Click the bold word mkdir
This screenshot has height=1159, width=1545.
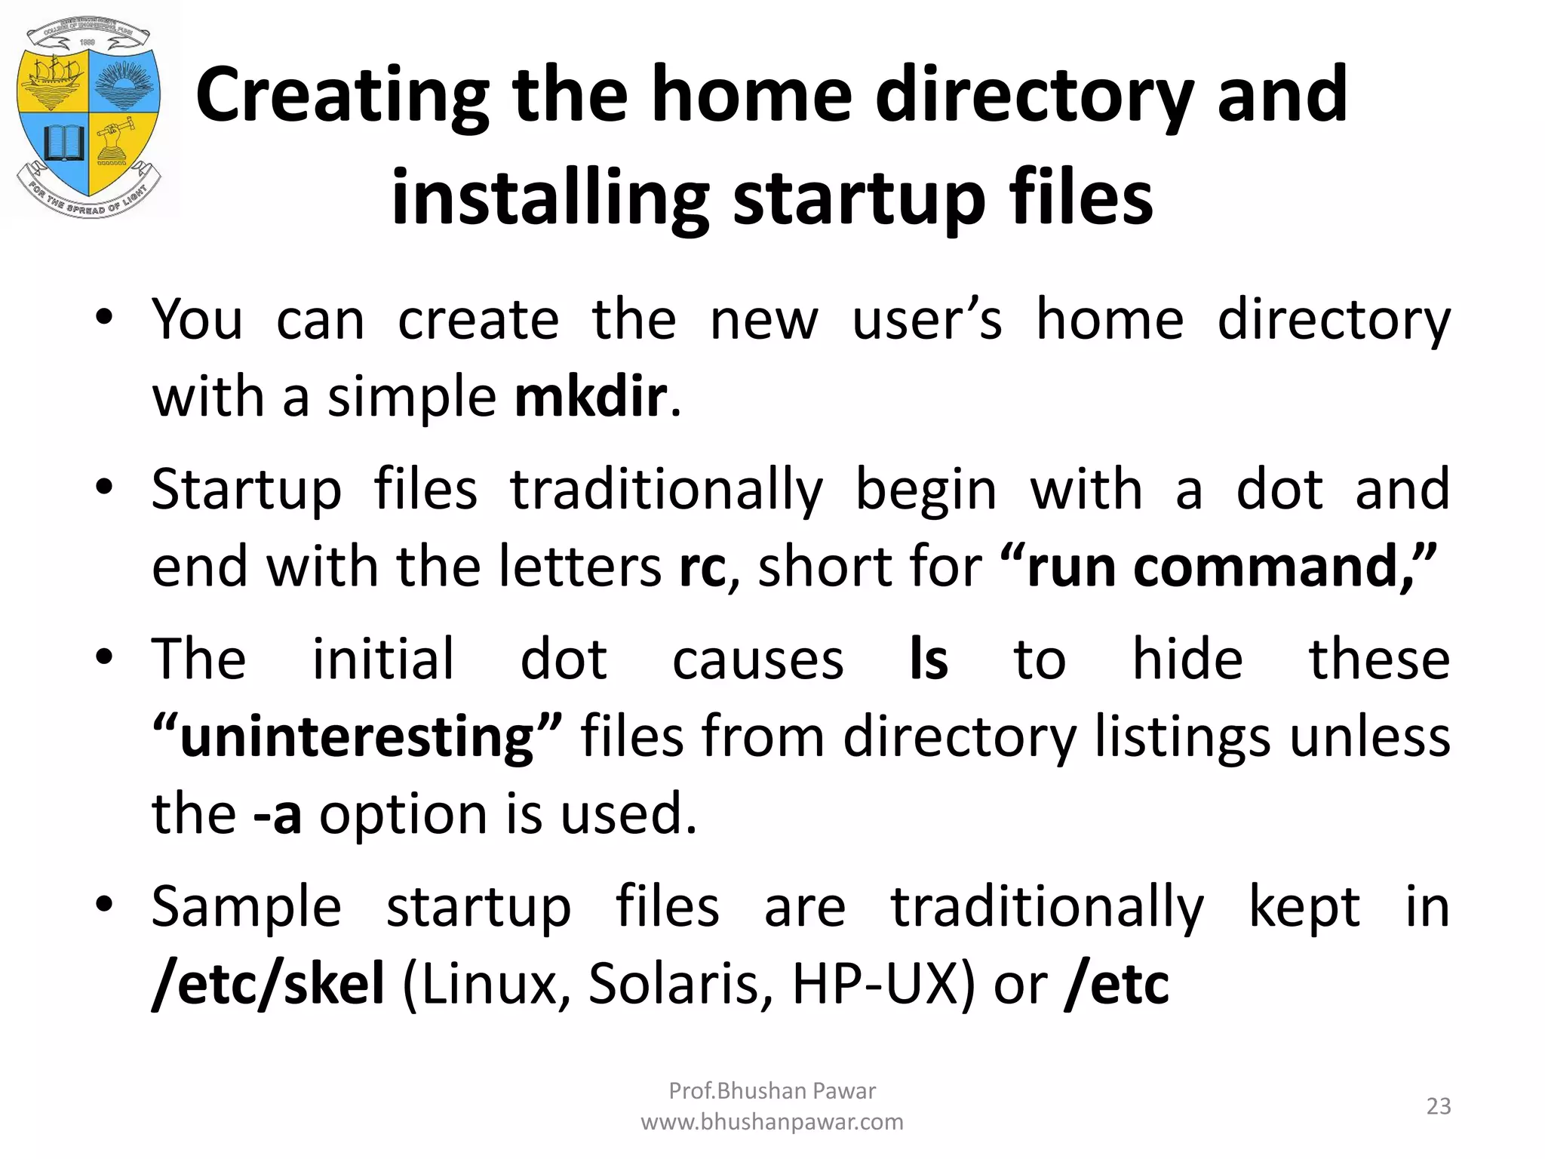click(x=590, y=397)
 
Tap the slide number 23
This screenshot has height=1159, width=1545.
click(x=1439, y=1106)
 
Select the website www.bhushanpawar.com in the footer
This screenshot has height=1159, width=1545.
click(x=772, y=1122)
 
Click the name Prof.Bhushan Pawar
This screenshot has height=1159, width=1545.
click(x=772, y=1090)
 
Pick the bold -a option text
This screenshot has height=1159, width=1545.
click(x=278, y=814)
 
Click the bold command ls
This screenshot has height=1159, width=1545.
click(x=929, y=659)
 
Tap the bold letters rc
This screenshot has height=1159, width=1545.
click(x=702, y=567)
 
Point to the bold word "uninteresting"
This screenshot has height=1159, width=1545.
click(x=358, y=737)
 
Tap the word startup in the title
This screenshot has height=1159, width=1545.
click(x=859, y=198)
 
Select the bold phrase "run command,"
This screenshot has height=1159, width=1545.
click(x=1218, y=567)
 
